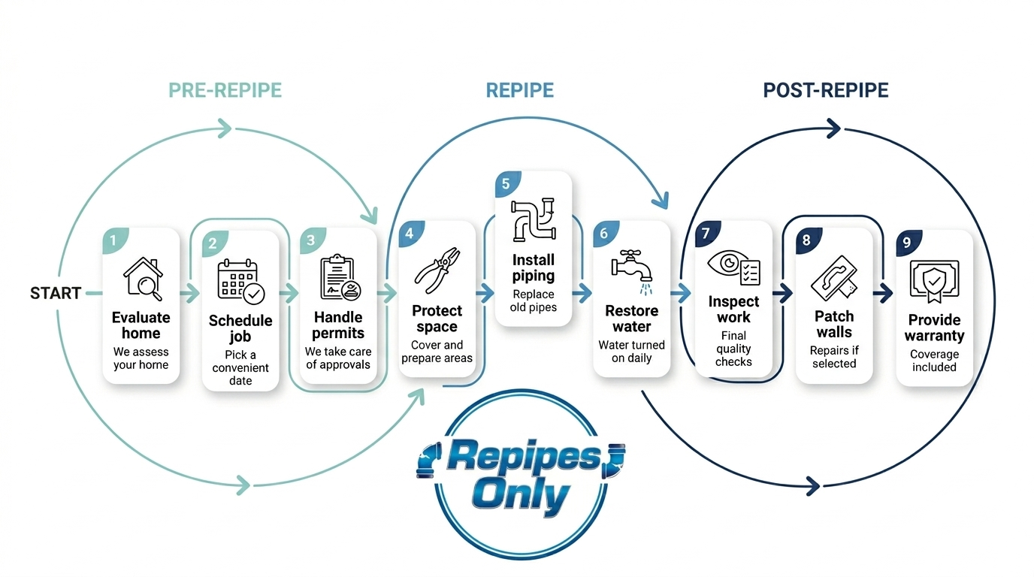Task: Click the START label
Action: (x=56, y=294)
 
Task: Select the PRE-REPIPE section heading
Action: (x=225, y=91)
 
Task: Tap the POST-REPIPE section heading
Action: (x=825, y=91)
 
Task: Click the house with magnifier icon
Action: (x=142, y=279)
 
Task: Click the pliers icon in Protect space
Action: (x=437, y=270)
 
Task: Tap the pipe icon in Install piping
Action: (x=533, y=219)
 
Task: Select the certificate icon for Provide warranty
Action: (x=934, y=281)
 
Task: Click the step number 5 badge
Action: (x=506, y=184)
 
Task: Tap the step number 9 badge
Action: (x=908, y=243)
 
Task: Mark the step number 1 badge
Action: (x=113, y=240)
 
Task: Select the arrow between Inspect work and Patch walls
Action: (x=783, y=294)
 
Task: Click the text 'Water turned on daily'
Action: (x=631, y=352)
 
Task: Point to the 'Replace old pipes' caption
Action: (x=534, y=301)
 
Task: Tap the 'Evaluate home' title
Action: (x=141, y=325)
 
